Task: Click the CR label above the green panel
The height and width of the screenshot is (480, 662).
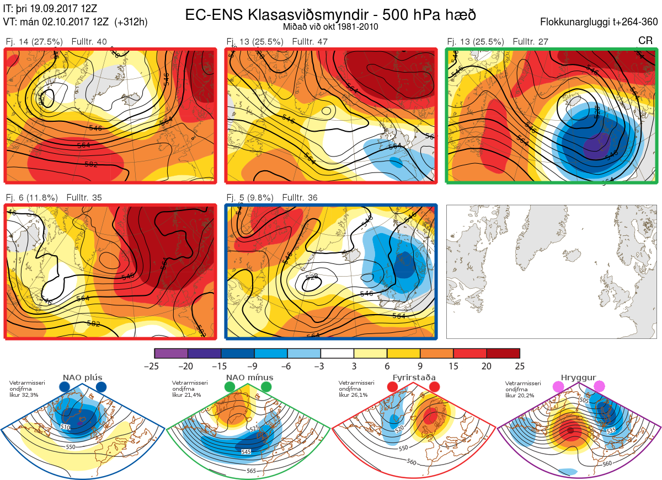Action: click(x=645, y=41)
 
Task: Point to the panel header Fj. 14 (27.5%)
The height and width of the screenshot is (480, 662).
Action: click(x=34, y=42)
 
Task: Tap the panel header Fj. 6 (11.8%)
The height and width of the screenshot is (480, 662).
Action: click(x=31, y=197)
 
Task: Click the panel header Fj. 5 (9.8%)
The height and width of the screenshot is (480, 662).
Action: click(x=249, y=197)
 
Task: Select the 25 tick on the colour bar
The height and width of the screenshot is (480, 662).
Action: click(x=519, y=366)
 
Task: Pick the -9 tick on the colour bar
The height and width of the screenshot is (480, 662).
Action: click(x=254, y=366)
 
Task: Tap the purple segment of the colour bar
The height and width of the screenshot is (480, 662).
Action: click(x=171, y=353)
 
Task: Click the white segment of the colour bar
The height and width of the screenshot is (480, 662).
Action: click(x=337, y=353)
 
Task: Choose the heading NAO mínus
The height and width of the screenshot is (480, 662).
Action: click(x=249, y=378)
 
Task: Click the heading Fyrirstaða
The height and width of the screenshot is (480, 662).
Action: click(x=414, y=378)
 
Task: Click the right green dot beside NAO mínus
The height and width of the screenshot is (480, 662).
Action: click(x=267, y=387)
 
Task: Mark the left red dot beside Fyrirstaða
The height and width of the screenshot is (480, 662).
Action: click(x=392, y=387)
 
